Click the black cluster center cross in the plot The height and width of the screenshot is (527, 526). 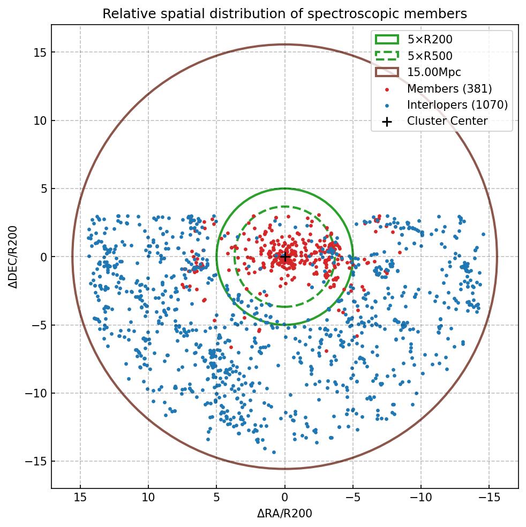285,257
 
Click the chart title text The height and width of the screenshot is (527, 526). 284,13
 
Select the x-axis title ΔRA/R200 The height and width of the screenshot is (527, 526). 284,514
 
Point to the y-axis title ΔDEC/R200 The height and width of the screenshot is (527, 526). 13,257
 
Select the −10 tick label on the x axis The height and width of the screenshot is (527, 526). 421,498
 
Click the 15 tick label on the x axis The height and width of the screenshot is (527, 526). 80,498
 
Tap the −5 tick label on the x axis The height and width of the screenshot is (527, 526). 353,498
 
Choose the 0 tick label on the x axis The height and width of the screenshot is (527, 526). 285,498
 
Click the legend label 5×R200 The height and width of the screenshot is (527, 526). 430,39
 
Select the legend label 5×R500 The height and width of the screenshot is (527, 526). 430,56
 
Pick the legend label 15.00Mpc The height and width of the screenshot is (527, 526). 434,72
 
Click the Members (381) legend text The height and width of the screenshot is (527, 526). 449,88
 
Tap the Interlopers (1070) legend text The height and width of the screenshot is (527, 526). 457,105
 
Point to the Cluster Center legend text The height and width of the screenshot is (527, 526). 447,121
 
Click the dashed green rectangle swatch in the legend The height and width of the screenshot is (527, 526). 387,56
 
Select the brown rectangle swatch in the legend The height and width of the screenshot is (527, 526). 387,72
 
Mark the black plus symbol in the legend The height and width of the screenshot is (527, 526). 387,122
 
